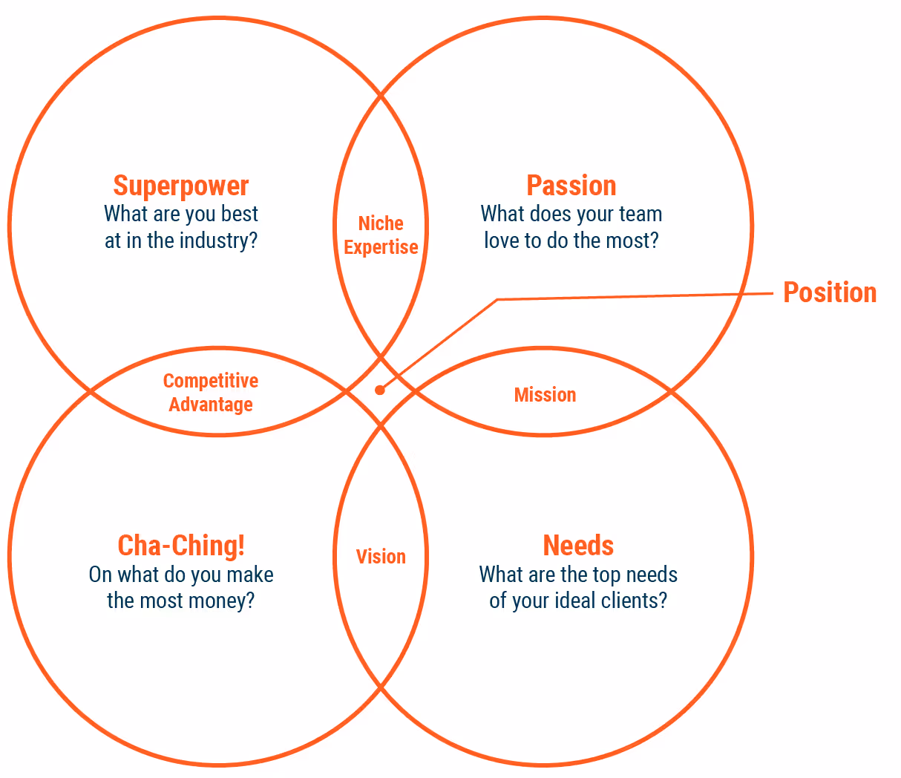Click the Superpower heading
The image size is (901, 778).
(x=180, y=186)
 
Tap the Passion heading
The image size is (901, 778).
(x=571, y=186)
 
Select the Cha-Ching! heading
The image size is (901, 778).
(x=181, y=546)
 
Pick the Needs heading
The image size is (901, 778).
(x=578, y=546)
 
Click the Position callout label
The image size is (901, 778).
(x=830, y=292)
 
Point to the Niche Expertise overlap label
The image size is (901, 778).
(x=381, y=235)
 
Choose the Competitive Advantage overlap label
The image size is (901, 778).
(x=211, y=393)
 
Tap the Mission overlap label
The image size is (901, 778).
(x=545, y=395)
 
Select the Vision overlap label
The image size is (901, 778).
(x=381, y=557)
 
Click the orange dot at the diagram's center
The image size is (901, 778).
(x=380, y=390)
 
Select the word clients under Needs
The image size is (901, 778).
(x=634, y=600)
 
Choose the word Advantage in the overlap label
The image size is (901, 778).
(x=211, y=405)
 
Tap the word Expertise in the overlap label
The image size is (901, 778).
(x=381, y=247)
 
